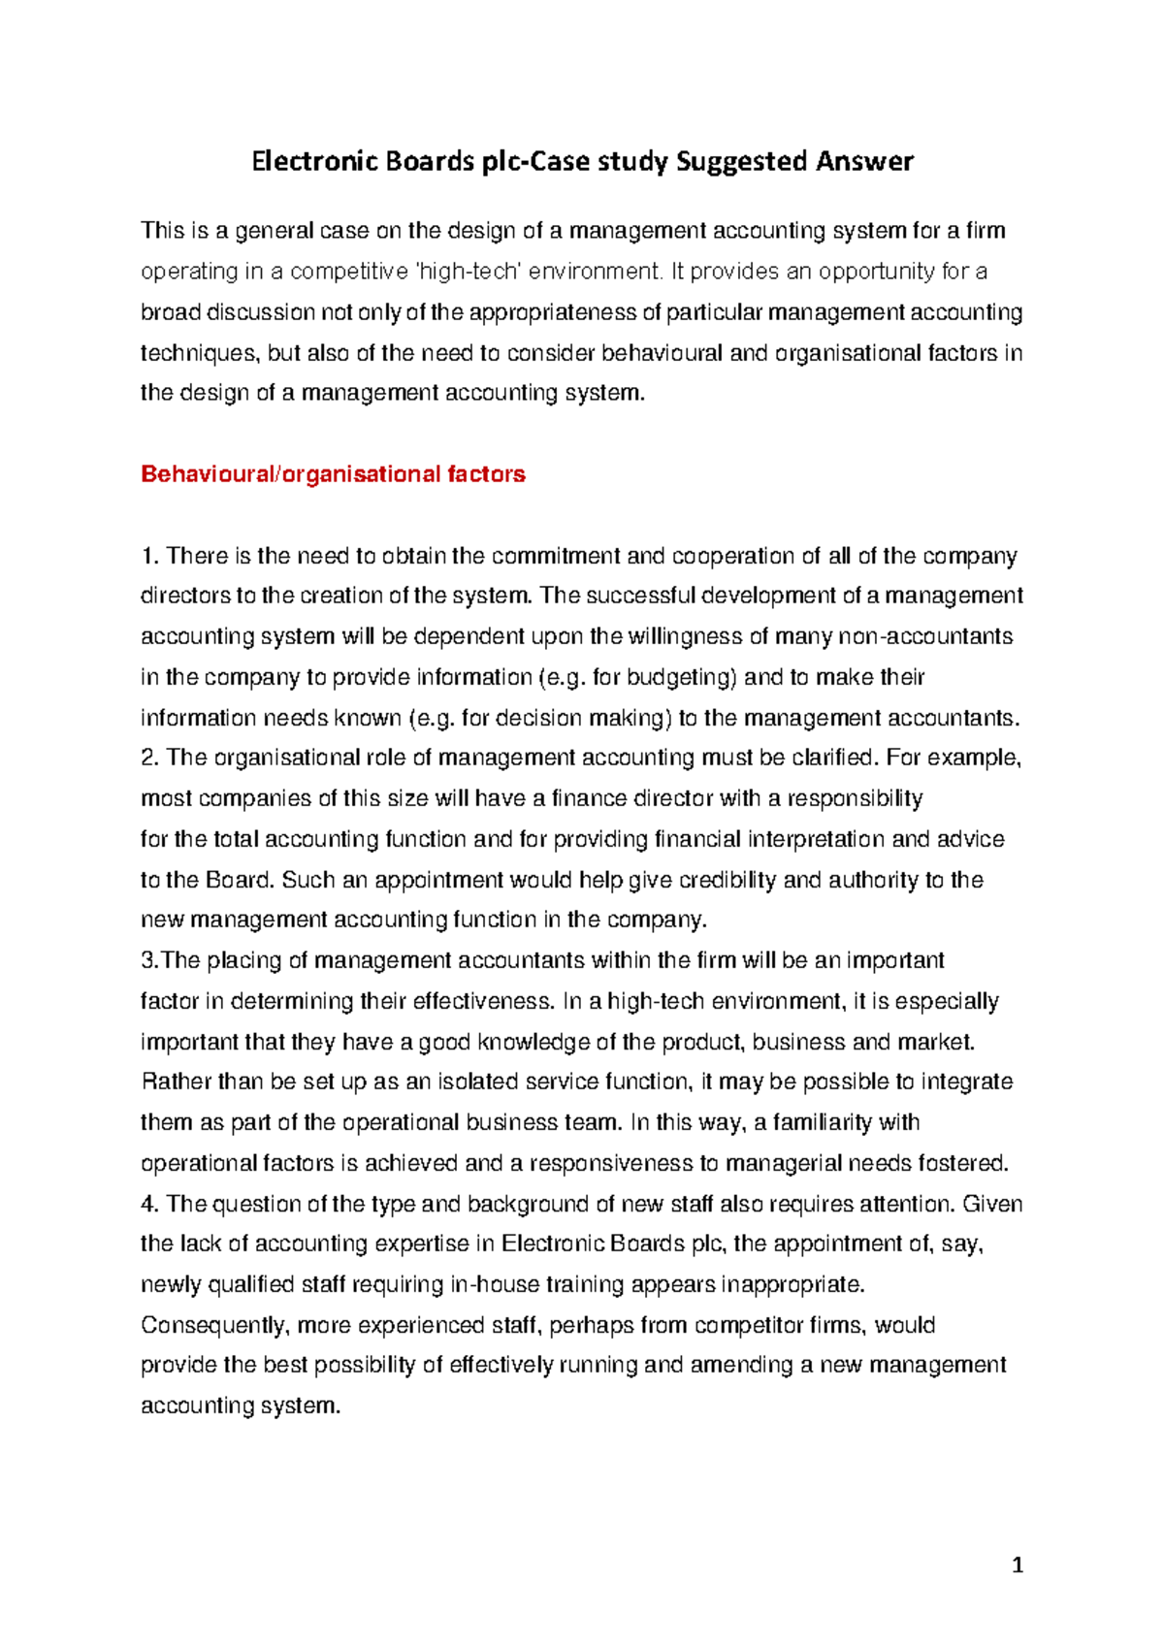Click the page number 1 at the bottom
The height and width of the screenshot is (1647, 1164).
[x=1017, y=1565]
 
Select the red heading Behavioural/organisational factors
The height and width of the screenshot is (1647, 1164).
[x=333, y=474]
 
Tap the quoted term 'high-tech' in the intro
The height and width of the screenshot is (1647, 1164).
[x=468, y=272]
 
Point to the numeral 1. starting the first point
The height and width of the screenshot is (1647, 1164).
[x=149, y=556]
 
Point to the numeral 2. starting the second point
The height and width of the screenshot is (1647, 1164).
[x=149, y=758]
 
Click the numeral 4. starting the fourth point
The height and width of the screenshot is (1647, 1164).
[x=149, y=1204]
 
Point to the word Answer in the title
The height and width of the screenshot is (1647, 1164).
[x=863, y=162]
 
